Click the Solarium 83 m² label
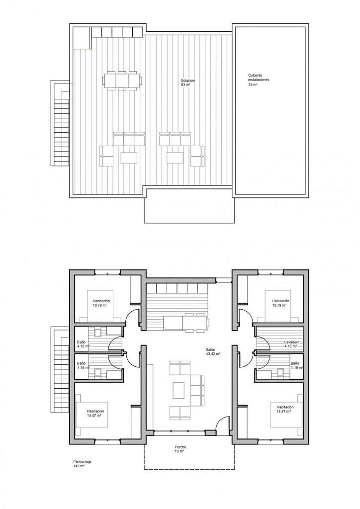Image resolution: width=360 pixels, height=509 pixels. [x=188, y=83]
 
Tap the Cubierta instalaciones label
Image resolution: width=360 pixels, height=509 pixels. [x=259, y=80]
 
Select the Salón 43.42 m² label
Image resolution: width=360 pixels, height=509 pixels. [x=213, y=351]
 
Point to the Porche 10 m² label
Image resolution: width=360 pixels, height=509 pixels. [x=180, y=449]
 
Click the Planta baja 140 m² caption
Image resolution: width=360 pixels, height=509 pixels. [x=82, y=464]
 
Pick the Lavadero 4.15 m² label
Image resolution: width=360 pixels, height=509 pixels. [x=291, y=344]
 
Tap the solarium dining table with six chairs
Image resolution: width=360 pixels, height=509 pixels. [x=123, y=80]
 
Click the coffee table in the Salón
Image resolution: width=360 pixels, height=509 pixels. [x=179, y=390]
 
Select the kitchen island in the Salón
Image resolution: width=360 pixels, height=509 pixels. [x=186, y=323]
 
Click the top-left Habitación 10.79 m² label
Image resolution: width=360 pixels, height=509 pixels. [x=101, y=303]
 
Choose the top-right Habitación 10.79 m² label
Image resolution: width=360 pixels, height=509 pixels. [x=281, y=303]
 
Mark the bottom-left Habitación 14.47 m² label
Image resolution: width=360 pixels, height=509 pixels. [x=95, y=413]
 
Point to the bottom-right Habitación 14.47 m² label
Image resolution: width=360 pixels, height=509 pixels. [x=285, y=409]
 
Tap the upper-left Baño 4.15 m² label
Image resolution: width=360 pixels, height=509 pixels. [x=83, y=344]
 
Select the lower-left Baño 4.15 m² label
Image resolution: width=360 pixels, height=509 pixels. [x=83, y=365]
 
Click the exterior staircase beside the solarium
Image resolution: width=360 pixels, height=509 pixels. [x=60, y=122]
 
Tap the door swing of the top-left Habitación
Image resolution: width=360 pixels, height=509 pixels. [x=130, y=314]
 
